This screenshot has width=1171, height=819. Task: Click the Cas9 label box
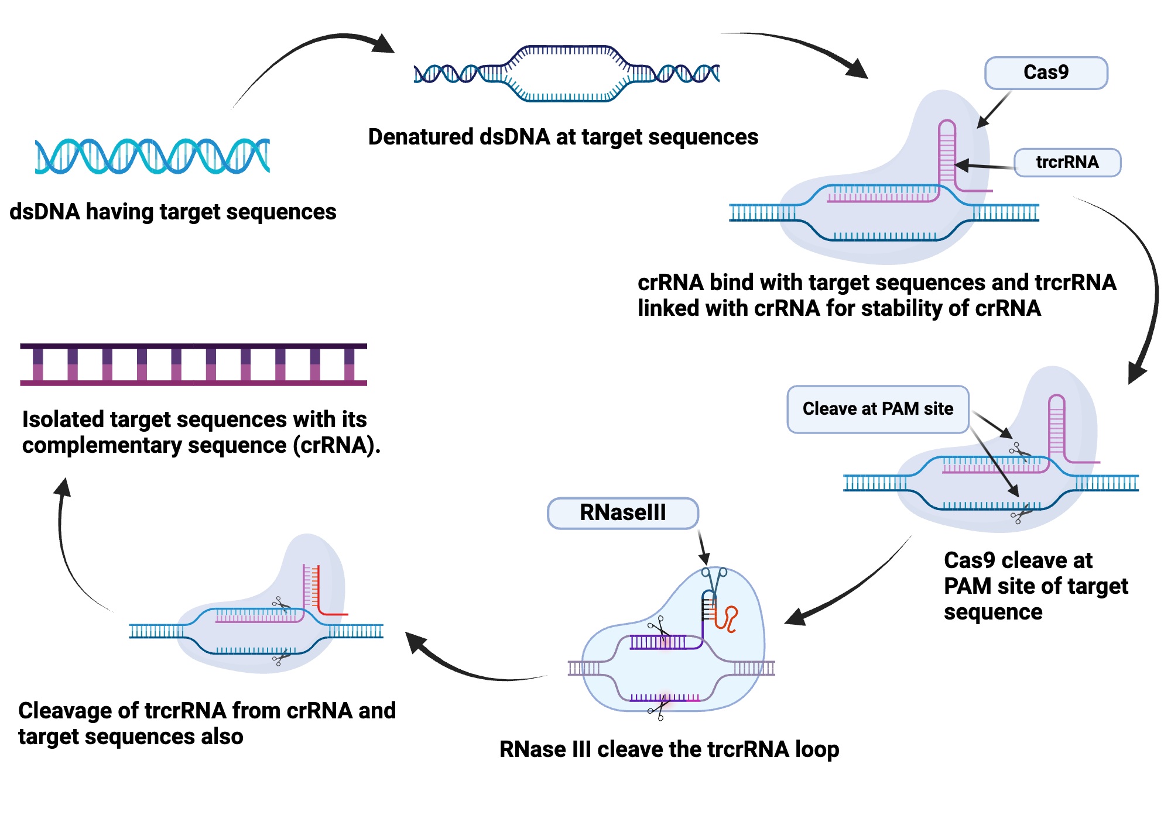click(x=1046, y=73)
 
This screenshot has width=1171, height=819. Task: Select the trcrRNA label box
click(x=1067, y=162)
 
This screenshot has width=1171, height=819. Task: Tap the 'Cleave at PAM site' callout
click(x=877, y=409)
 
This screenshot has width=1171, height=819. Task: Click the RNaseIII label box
click(x=622, y=513)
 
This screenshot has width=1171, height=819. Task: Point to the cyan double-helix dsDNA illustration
click(x=152, y=156)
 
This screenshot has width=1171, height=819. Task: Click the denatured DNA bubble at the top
click(x=566, y=74)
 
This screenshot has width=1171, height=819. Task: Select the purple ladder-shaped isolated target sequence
click(x=193, y=364)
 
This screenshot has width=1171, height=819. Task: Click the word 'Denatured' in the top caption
click(x=420, y=137)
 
